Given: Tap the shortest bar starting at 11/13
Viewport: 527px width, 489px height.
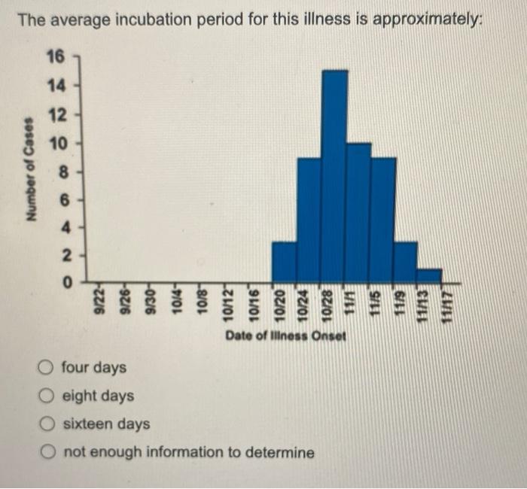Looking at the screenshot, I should click(429, 275).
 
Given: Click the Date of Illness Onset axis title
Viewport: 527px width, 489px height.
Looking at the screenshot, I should click(285, 336).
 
